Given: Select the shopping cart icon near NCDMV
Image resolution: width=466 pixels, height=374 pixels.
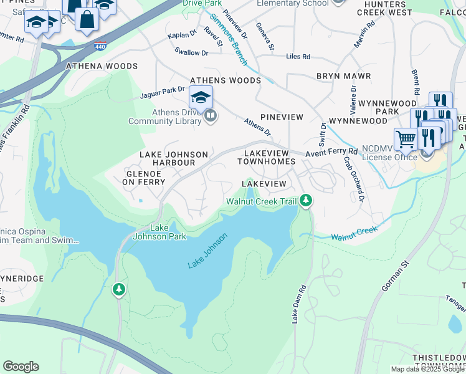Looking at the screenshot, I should pos(406,139).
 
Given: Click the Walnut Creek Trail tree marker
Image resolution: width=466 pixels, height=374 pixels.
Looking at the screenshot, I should pos(305,201).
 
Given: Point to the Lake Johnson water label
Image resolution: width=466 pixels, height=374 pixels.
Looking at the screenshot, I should pos(207,251).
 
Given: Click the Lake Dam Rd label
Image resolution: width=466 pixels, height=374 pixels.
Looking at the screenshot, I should pos(299,304).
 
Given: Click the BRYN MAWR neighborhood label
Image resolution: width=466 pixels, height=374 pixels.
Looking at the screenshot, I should pos(343,76).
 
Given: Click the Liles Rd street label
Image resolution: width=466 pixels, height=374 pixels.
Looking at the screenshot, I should pos(298,57).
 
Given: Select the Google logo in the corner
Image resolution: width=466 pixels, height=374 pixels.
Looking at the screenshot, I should pos(21,366).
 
